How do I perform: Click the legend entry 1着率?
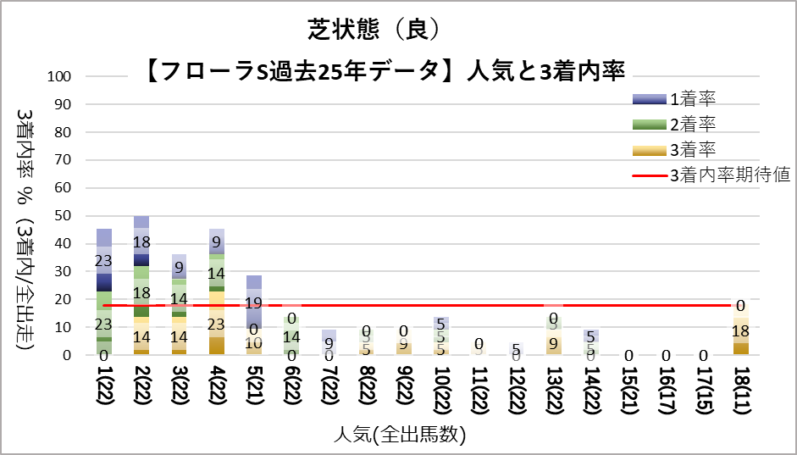692,100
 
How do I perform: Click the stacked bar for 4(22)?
216,291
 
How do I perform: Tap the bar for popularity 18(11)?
740,330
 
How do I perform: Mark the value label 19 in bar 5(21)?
254,303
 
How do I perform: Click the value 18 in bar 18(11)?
740,330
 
